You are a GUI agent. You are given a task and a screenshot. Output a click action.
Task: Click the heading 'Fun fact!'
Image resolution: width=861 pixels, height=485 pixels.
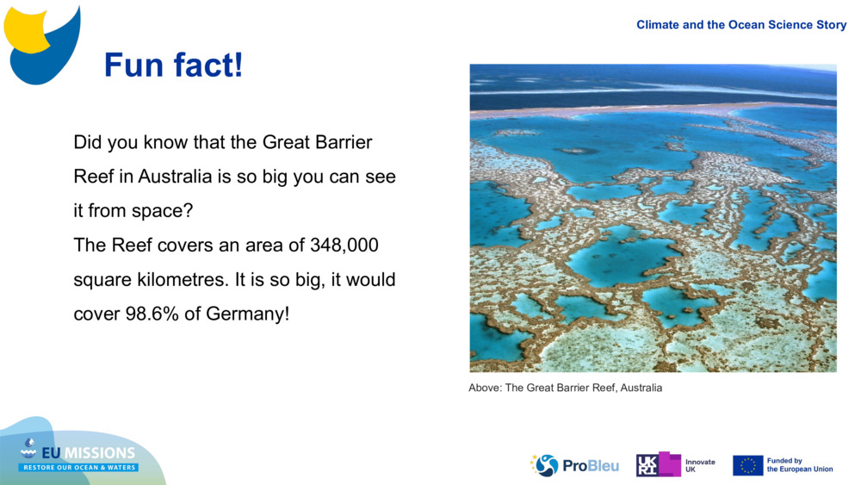(173, 65)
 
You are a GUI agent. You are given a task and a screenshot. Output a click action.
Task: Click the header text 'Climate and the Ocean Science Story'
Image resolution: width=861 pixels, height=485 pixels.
(741, 25)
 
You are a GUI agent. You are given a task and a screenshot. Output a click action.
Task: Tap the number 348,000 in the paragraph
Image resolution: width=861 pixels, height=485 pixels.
(344, 246)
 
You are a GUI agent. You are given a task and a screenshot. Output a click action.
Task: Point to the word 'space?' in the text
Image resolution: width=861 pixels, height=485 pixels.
(162, 211)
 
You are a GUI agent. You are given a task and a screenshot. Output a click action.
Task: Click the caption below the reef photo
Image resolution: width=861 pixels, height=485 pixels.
(566, 388)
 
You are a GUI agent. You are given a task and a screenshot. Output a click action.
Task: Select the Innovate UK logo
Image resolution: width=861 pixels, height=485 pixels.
(659, 465)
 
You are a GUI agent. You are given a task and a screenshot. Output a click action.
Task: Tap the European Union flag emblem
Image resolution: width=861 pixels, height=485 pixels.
(747, 465)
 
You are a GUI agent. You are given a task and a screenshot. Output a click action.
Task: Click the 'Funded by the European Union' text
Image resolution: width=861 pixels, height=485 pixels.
(800, 465)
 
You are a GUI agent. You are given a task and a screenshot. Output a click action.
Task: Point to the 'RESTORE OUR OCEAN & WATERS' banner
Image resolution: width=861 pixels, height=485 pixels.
(79, 468)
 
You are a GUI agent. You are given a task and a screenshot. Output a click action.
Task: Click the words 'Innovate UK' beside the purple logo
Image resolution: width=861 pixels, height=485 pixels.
(700, 465)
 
